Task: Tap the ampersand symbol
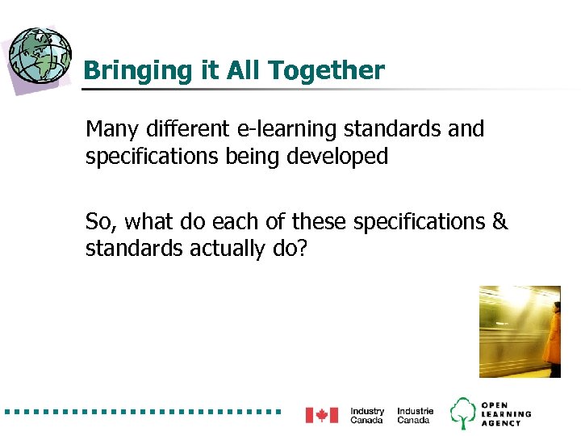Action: (500, 221)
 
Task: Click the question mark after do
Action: (302, 248)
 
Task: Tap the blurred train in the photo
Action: (508, 331)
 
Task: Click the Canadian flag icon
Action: (321, 415)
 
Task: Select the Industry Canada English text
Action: (367, 415)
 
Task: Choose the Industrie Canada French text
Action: (415, 415)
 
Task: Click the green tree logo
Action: (463, 413)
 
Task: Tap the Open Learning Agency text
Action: (506, 413)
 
